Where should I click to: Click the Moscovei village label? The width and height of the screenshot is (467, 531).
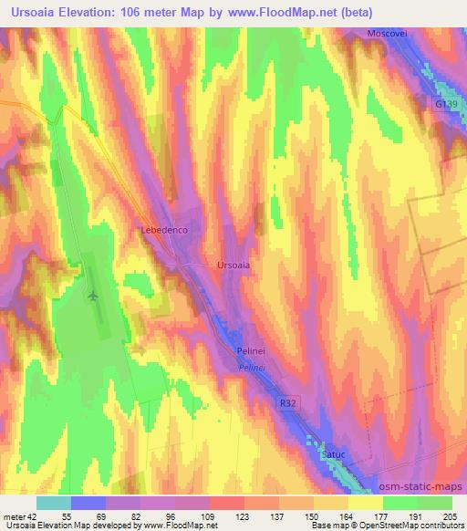[384, 34]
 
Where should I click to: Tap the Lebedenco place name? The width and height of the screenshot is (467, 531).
[164, 231]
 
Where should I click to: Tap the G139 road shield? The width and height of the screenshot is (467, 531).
[445, 105]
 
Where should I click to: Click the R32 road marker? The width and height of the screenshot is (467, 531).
[288, 401]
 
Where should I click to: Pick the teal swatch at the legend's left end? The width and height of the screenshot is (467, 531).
[54, 503]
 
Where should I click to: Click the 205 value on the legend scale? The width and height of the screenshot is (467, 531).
[451, 515]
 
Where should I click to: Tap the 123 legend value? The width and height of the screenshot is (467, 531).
[216, 515]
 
